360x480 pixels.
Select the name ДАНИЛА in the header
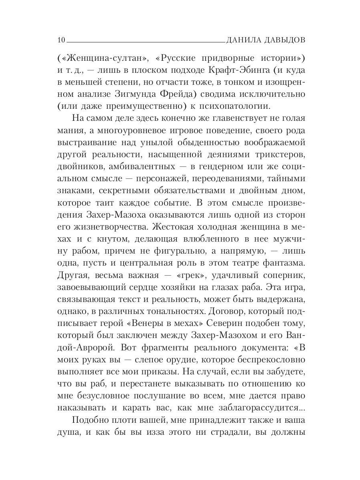point(243,40)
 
